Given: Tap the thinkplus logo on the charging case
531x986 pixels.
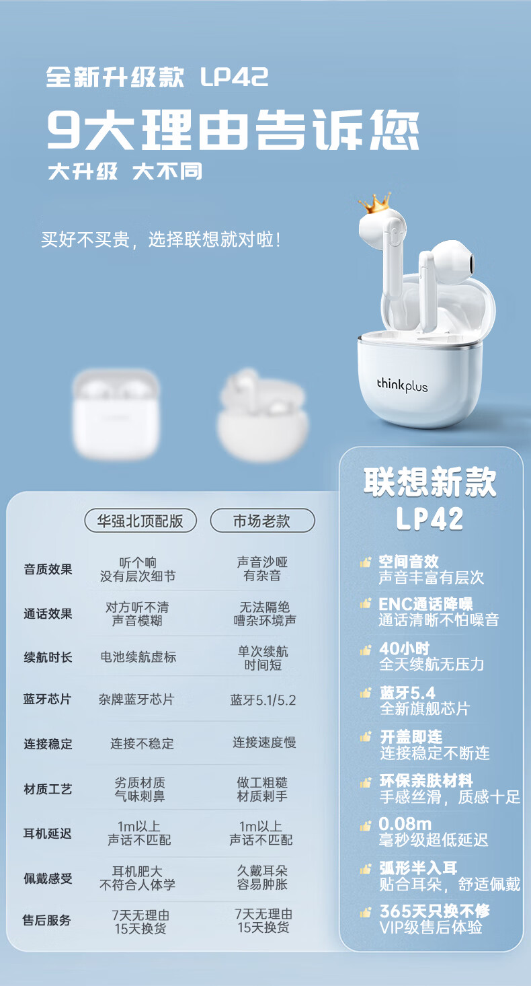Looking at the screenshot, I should pyautogui.click(x=402, y=385).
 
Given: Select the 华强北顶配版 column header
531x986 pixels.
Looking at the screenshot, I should pyautogui.click(x=140, y=521).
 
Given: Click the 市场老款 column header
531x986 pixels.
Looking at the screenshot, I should pyautogui.click(x=262, y=521).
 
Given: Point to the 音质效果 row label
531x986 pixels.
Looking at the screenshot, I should pyautogui.click(x=48, y=569).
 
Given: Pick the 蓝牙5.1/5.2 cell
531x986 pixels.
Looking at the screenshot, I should pyautogui.click(x=263, y=699).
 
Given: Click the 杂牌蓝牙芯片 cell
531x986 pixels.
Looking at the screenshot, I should pyautogui.click(x=136, y=699).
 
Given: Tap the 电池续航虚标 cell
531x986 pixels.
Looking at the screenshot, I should pyautogui.click(x=138, y=657).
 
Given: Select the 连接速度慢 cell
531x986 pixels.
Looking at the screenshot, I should pyautogui.click(x=264, y=743).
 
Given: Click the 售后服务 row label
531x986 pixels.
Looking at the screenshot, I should pyautogui.click(x=47, y=920).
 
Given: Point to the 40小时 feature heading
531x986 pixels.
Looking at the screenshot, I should pyautogui.click(x=404, y=649).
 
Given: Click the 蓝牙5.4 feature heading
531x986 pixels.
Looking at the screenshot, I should pyautogui.click(x=407, y=693).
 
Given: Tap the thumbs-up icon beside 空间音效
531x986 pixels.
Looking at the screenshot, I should pyautogui.click(x=365, y=562).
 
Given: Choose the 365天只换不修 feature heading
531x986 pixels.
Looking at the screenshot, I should pyautogui.click(x=434, y=911).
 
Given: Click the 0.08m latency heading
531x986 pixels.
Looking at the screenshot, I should pyautogui.click(x=405, y=824).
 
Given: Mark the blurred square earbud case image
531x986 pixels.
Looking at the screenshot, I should pyautogui.click(x=116, y=414).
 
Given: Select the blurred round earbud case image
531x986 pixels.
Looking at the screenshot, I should pyautogui.click(x=263, y=417).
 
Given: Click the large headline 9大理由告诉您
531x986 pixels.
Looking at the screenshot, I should pyautogui.click(x=233, y=130).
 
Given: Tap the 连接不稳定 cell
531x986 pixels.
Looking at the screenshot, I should pyautogui.click(x=142, y=744).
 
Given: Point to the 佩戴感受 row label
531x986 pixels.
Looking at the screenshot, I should pyautogui.click(x=48, y=878).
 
